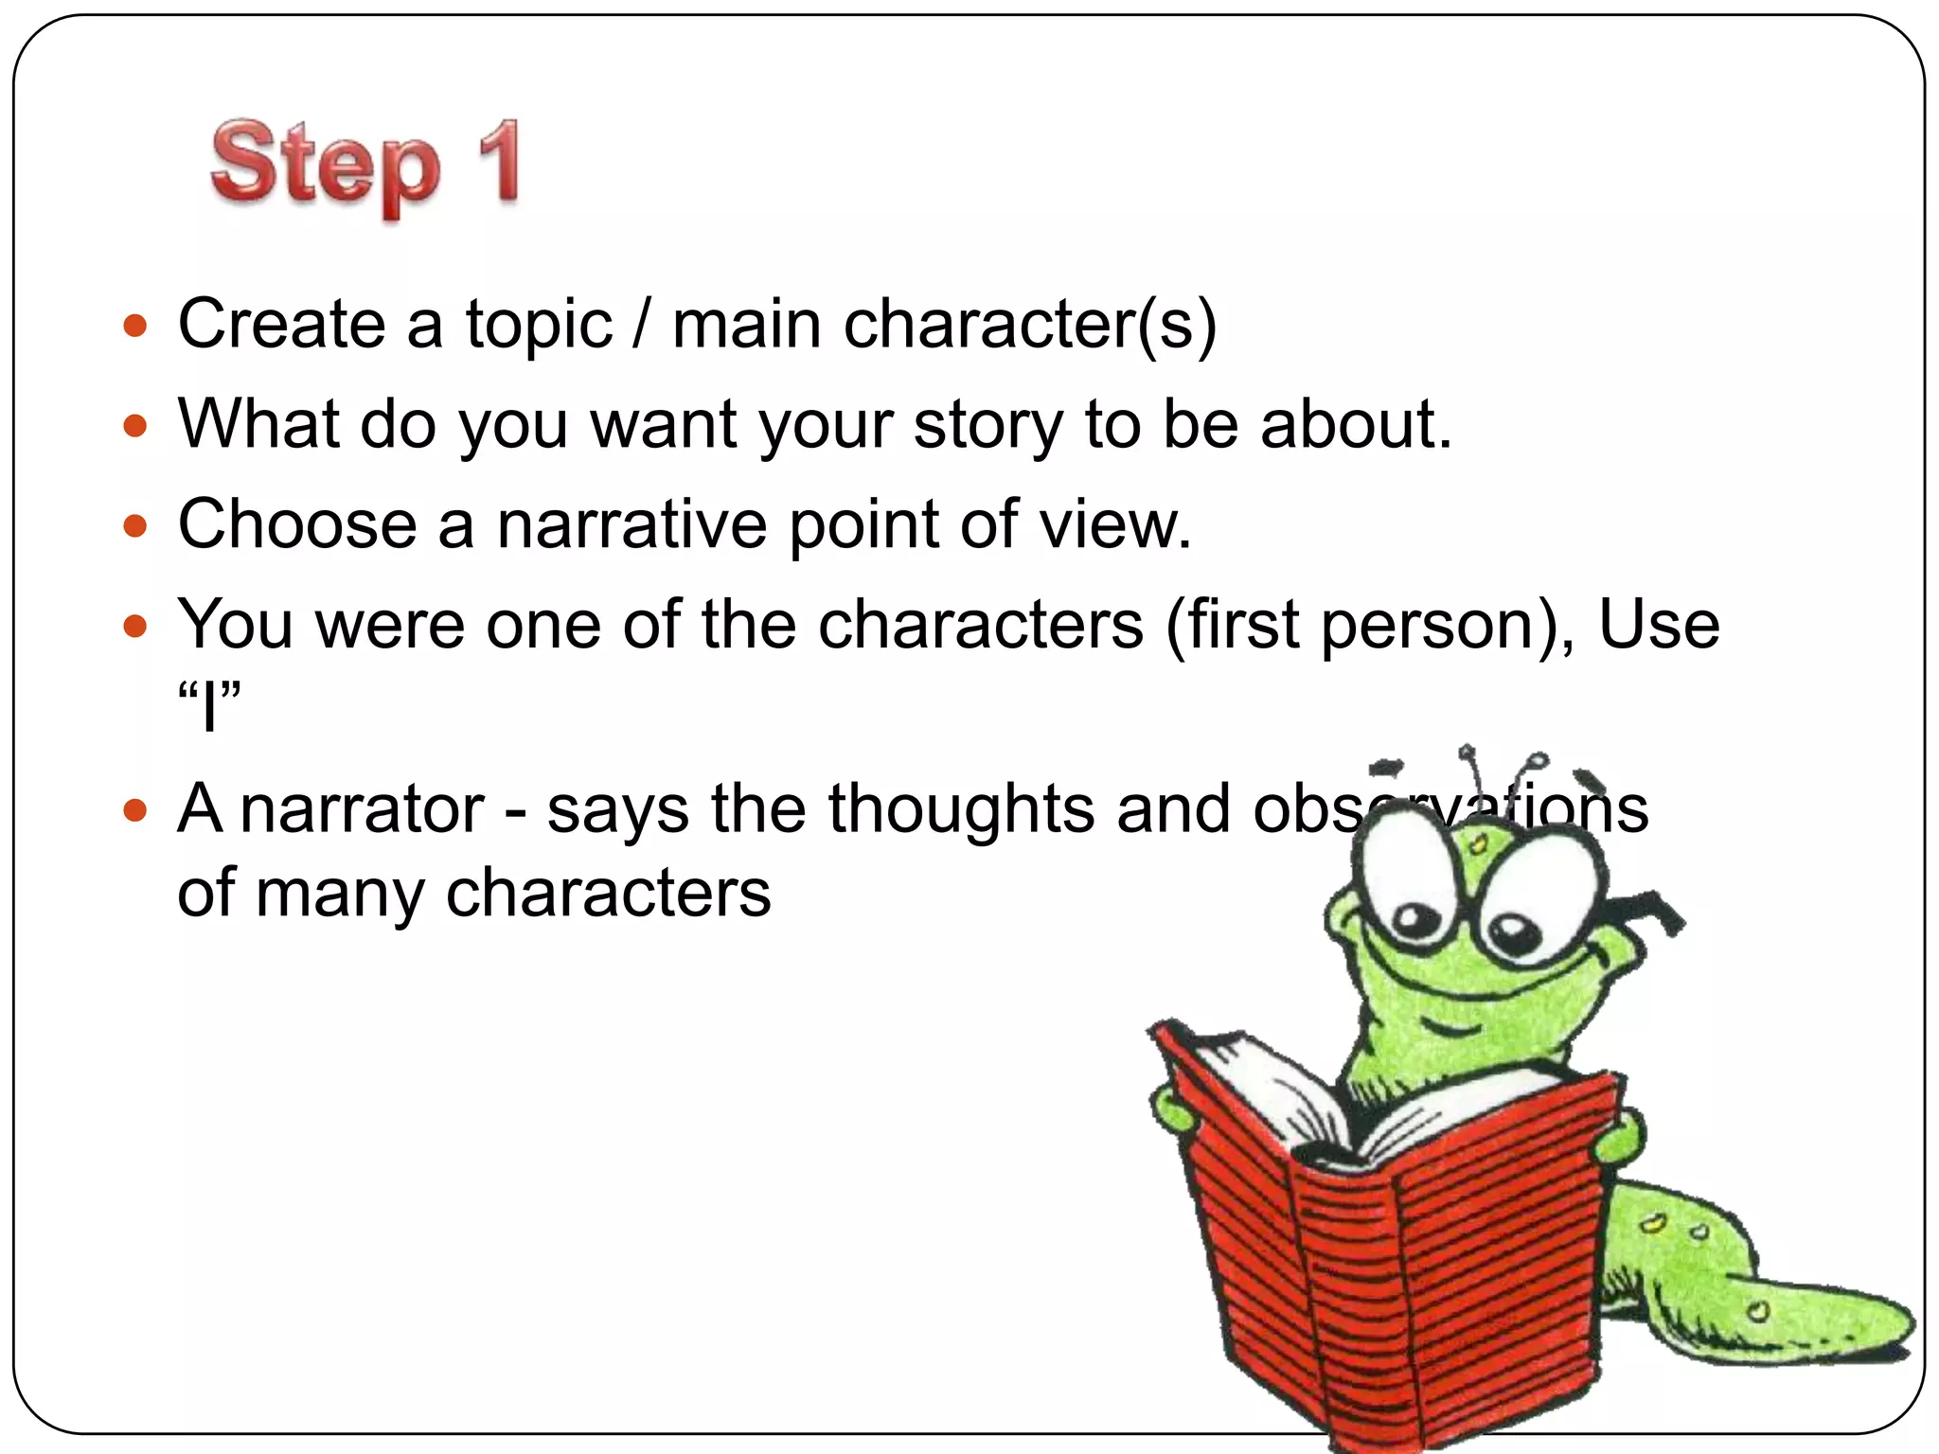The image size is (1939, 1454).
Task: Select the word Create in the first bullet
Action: [281, 324]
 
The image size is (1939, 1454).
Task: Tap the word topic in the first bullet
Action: [539, 326]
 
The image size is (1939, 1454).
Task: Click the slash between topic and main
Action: [642, 324]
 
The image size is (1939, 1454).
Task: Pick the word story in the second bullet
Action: [987, 425]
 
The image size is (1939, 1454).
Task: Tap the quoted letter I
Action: [209, 706]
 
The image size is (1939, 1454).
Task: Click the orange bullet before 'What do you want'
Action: [136, 425]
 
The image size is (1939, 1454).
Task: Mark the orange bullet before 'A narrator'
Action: [136, 810]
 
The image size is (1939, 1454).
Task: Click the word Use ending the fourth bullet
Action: [1659, 626]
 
